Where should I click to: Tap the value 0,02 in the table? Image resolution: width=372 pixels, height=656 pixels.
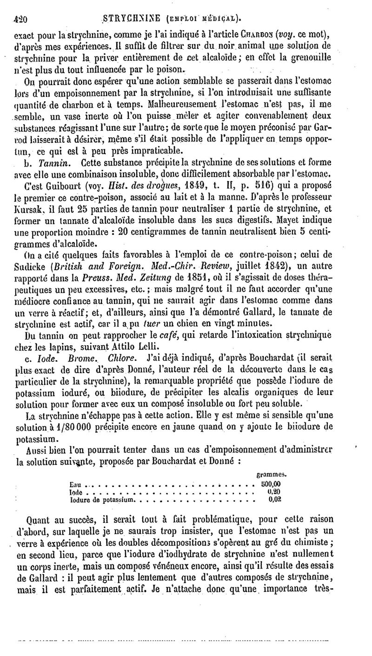pos(275,499)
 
